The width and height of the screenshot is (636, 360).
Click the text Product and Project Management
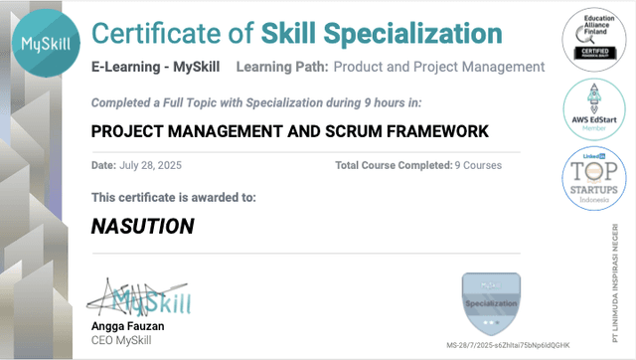point(438,68)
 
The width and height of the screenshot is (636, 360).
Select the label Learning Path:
point(281,68)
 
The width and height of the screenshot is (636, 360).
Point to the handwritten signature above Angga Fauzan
point(139,296)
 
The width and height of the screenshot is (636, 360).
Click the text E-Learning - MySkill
point(156,68)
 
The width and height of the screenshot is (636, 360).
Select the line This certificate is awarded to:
point(173,197)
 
